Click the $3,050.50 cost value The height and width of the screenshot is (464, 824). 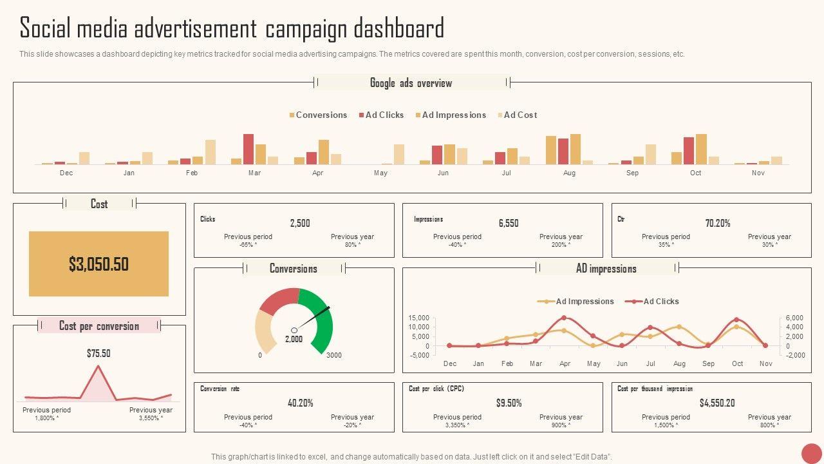(x=98, y=264)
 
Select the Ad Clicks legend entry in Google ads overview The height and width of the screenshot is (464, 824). (x=384, y=115)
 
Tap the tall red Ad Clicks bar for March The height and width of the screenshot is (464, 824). (x=248, y=149)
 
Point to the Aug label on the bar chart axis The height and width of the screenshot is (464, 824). (x=569, y=173)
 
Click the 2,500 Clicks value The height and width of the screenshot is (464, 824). (x=300, y=223)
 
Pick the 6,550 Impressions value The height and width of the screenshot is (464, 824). (x=509, y=223)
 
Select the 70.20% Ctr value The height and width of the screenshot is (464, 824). (x=718, y=223)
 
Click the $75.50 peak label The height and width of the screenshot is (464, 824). (x=98, y=353)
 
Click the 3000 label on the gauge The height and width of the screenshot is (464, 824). (x=334, y=355)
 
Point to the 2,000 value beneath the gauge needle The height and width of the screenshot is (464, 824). (x=294, y=339)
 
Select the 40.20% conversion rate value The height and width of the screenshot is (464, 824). (x=300, y=403)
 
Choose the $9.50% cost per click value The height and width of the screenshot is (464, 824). (x=509, y=403)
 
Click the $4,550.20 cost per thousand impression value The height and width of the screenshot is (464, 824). (x=717, y=403)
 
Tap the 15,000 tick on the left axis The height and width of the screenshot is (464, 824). (x=418, y=318)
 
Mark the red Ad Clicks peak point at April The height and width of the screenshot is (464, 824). (x=564, y=318)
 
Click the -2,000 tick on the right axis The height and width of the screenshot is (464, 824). (x=796, y=355)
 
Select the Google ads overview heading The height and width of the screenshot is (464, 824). (x=411, y=82)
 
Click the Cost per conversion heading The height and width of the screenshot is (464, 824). (x=99, y=325)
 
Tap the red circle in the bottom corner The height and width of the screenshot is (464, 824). (x=812, y=453)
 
